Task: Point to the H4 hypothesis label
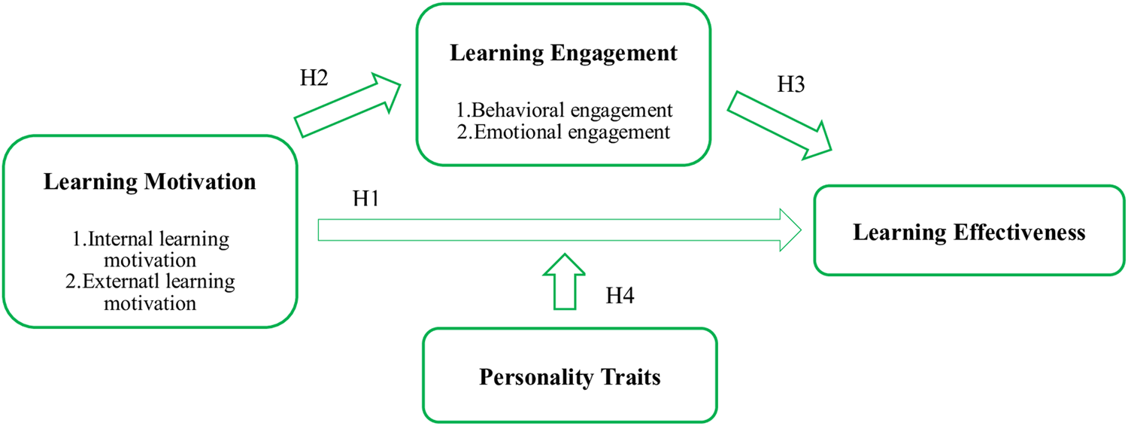click(x=620, y=296)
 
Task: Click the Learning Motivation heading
click(x=150, y=182)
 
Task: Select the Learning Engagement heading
click(x=564, y=53)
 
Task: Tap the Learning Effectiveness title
click(x=969, y=232)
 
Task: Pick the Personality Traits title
click(x=569, y=376)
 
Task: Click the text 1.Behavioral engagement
click(x=564, y=110)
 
